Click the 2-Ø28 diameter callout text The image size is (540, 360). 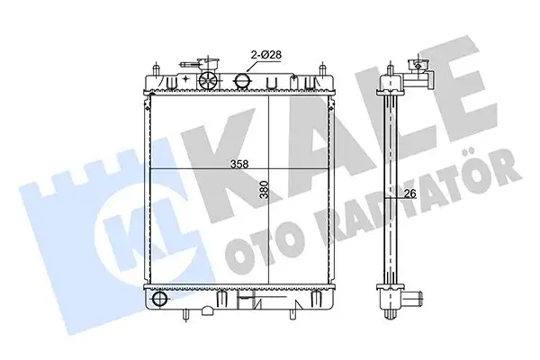point(266,55)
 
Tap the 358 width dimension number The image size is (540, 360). point(239,165)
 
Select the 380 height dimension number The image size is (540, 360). point(265,190)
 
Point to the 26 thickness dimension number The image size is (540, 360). point(409,194)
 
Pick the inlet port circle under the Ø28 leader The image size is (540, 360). point(241,81)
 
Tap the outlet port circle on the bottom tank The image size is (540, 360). point(159,299)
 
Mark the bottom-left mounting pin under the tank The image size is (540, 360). point(186,314)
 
